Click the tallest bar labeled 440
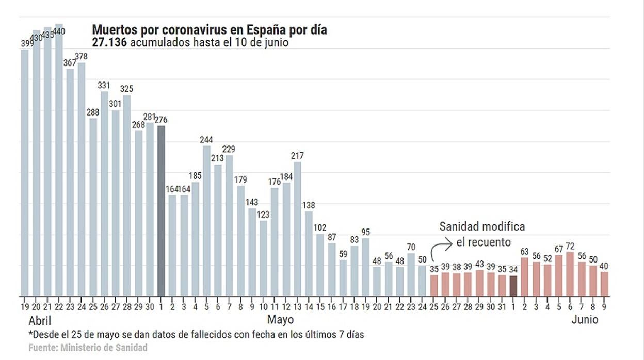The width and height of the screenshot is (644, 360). (59, 160)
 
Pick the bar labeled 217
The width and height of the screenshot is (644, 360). (297, 229)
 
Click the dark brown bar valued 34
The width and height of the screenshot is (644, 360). (513, 286)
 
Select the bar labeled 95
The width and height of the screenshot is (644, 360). (365, 267)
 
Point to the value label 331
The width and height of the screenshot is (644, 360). (104, 86)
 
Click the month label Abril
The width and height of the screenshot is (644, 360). (40, 320)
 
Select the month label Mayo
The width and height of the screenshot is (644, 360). (281, 320)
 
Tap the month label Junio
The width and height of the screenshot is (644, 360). (585, 320)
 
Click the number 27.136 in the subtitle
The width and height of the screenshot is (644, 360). (109, 43)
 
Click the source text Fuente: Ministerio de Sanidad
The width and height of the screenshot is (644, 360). (88, 348)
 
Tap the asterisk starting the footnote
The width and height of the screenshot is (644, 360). (30, 334)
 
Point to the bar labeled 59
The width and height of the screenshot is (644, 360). (343, 278)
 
